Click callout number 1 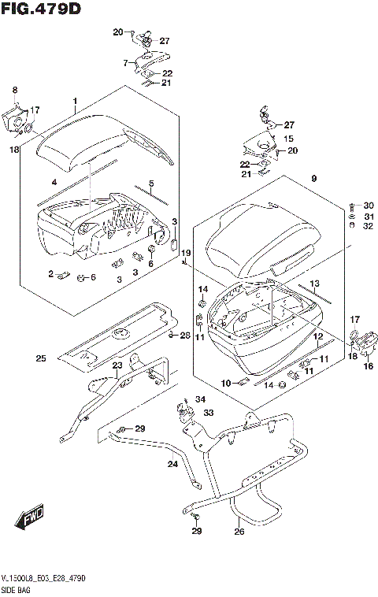click(x=75, y=101)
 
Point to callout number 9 click(x=313, y=180)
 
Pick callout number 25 click(x=40, y=359)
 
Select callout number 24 click(x=172, y=465)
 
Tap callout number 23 click(x=117, y=365)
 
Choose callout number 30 click(x=368, y=206)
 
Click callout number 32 click(x=368, y=227)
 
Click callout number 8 click(x=14, y=91)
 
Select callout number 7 click(x=124, y=62)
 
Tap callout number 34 click(x=200, y=399)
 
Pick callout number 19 click(x=186, y=252)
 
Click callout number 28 click(x=185, y=336)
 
